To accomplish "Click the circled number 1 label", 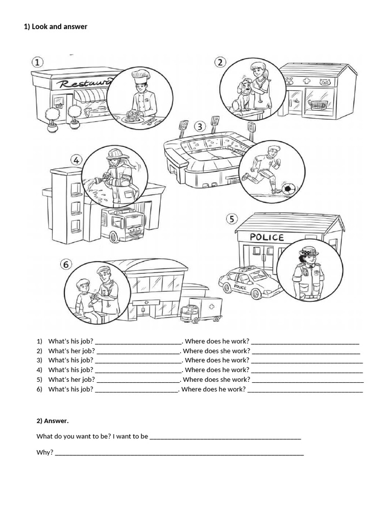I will point(38,62).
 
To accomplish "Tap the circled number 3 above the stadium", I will point(200,126).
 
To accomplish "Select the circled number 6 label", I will point(66,264).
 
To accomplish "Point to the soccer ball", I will point(289,190).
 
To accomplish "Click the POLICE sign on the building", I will point(266,237).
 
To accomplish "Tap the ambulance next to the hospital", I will point(201,310).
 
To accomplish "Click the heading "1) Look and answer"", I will point(56,27).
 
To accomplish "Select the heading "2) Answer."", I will point(52,421).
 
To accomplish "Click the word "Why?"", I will point(45,452).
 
